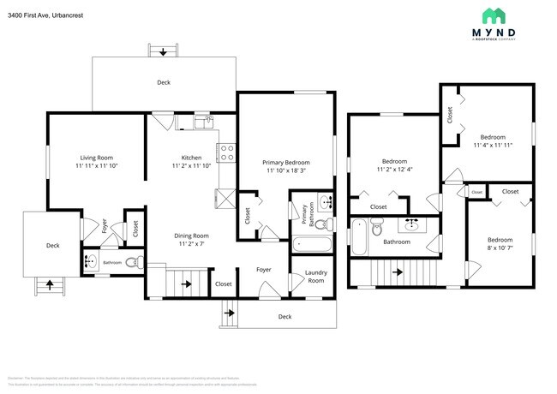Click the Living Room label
(97, 158)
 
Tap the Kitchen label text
(191, 158)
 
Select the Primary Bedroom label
(285, 162)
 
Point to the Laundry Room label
(315, 277)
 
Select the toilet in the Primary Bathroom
(321, 225)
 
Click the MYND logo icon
(493, 15)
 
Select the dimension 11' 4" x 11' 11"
(492, 145)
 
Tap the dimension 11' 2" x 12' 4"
(394, 169)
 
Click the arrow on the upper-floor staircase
(397, 273)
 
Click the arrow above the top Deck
(163, 52)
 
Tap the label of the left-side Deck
(52, 245)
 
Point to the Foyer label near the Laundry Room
(264, 269)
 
